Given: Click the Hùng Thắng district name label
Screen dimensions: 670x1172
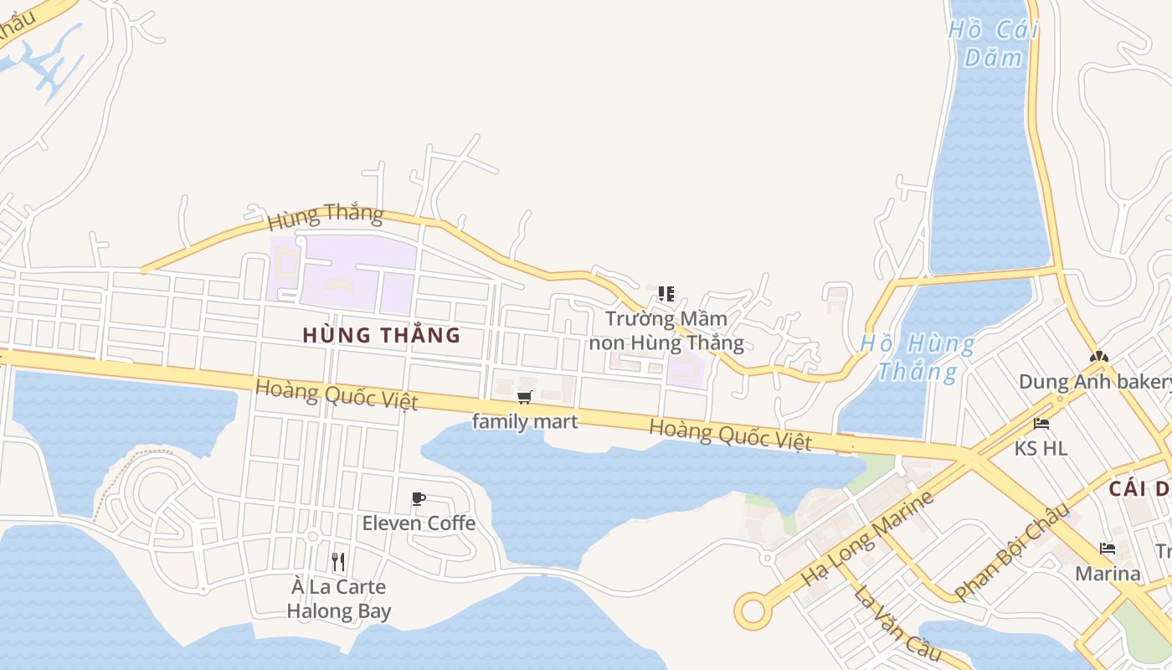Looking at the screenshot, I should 381,335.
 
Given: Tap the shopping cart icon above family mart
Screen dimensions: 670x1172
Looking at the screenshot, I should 525,397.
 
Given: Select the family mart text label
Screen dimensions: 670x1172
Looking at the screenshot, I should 525,421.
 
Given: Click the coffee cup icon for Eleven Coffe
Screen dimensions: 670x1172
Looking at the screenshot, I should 419,499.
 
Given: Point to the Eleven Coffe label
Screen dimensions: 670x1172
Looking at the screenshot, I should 419,523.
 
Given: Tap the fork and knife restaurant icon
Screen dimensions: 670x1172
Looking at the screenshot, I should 338,561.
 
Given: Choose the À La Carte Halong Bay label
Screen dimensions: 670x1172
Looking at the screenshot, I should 338,599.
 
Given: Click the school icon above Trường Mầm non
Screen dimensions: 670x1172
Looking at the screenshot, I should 666,294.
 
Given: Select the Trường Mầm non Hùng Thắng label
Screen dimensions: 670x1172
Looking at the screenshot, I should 666,331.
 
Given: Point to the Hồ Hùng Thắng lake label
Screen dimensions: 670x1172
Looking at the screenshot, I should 918,357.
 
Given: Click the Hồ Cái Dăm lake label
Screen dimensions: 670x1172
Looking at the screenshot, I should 994,44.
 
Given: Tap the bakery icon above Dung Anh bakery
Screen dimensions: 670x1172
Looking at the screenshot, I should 1098,357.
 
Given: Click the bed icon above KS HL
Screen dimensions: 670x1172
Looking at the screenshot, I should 1041,424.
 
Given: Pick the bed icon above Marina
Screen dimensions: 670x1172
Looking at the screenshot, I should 1108,549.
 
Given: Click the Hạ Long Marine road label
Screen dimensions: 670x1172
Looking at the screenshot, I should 866,539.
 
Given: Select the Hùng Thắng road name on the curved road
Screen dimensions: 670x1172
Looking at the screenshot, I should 325,217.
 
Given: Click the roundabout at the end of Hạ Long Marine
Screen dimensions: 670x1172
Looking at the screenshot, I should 753,611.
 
